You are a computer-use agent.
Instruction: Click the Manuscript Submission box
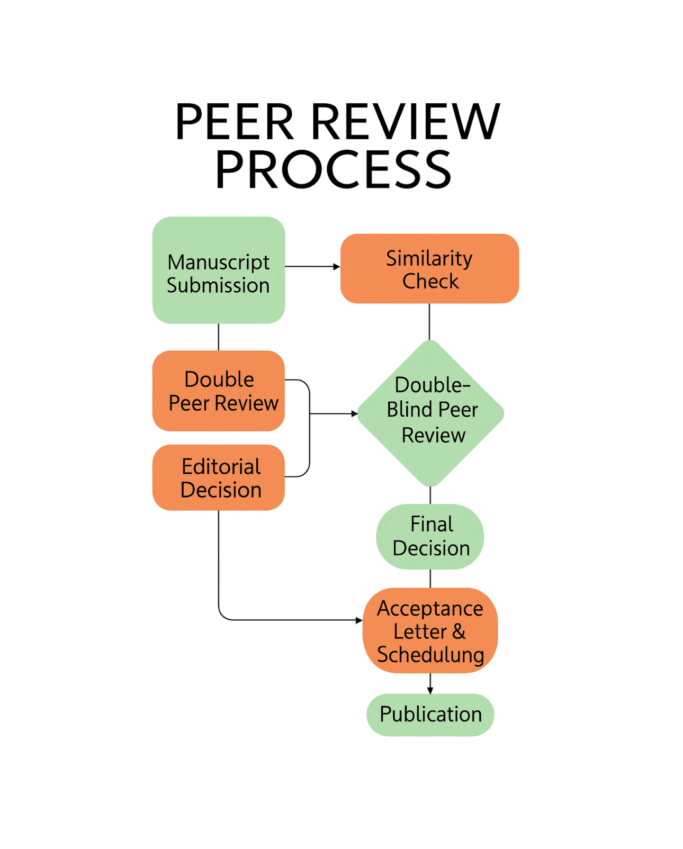coord(219,270)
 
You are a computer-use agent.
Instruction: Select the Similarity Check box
coord(429,268)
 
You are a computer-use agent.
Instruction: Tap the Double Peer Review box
coord(219,391)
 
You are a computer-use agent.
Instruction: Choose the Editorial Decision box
coord(219,477)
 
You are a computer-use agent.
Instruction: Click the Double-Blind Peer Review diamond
coord(430,413)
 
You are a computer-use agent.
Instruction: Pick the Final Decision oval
coord(430,536)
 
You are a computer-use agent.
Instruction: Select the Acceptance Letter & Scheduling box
coord(430,630)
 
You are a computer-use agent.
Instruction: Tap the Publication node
coord(430,715)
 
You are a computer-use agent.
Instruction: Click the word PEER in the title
coord(234,122)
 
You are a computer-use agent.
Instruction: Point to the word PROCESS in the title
coord(333,170)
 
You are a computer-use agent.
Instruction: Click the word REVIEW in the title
coord(405,122)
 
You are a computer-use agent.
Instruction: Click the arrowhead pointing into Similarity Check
coord(336,267)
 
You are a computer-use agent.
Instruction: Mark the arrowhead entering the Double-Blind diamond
coord(355,413)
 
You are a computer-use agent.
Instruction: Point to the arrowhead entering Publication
coord(430,690)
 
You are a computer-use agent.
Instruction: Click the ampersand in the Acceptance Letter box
coord(459,631)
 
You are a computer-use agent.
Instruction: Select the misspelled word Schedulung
coord(430,655)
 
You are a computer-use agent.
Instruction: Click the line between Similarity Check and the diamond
coord(429,321)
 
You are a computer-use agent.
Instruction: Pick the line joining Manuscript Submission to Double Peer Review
coord(219,337)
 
